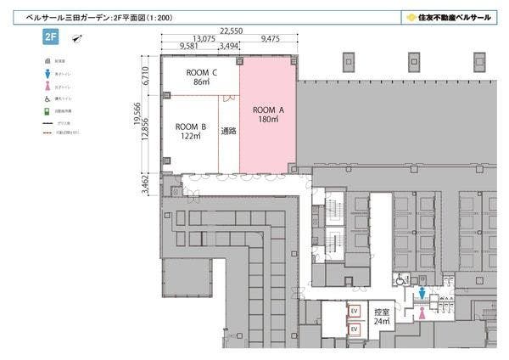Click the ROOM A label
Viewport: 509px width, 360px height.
point(268,110)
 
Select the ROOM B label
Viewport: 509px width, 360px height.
point(192,126)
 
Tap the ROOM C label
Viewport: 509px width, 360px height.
point(201,72)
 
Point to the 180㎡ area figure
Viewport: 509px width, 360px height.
point(268,120)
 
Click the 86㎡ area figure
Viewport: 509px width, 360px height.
point(201,82)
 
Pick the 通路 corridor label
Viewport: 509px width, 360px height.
point(228,131)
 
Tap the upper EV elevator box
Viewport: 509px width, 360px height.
point(355,311)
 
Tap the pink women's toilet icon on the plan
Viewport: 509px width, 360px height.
point(422,312)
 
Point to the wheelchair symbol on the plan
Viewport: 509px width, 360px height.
point(400,278)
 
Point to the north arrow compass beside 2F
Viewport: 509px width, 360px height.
point(77,37)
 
